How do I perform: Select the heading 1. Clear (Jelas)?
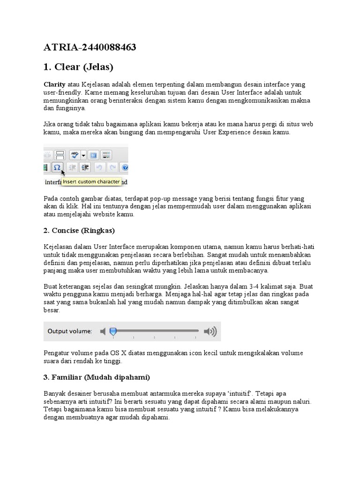coord(78,67)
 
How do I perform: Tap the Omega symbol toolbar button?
coord(57,167)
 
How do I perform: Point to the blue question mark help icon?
coord(125,167)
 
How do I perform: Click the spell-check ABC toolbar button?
coord(75,155)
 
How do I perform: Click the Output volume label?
coord(70,331)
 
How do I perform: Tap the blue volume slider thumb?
coord(112,331)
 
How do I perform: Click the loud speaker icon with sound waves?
coord(210,331)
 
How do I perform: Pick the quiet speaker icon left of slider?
coord(103,331)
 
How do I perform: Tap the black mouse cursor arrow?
coord(63,172)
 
